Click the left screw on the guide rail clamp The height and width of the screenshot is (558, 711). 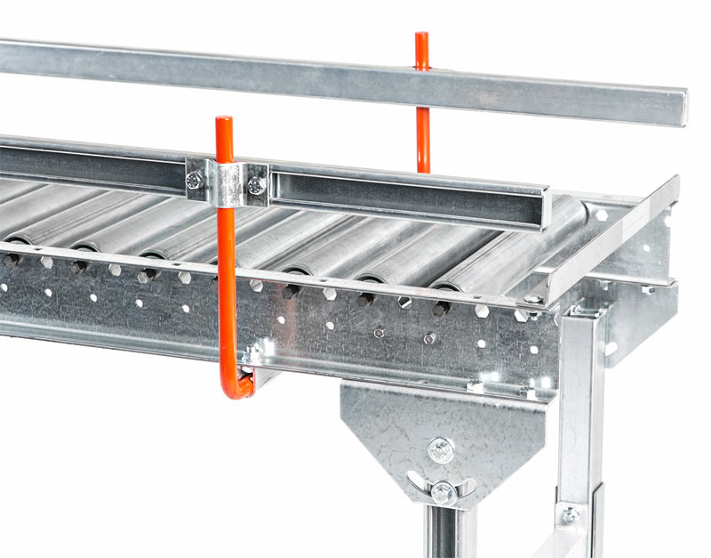194,180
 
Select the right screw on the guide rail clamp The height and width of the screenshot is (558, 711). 256,186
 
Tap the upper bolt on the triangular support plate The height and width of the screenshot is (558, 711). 440,449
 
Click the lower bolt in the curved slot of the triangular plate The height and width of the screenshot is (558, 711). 443,491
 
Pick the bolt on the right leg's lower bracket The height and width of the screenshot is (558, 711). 569,515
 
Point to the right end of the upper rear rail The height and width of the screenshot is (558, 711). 679,107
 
